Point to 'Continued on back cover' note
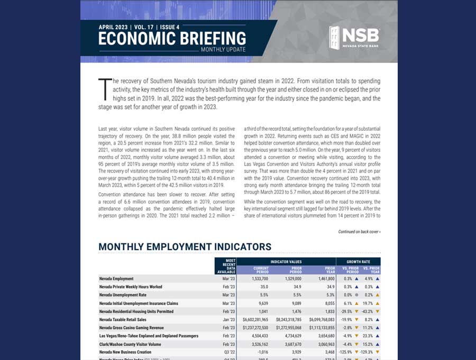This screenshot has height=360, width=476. click(359, 232)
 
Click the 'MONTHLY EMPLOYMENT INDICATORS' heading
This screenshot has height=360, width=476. click(185, 247)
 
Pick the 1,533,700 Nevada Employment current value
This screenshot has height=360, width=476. click(258, 278)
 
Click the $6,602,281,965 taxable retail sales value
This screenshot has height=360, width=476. click(255, 320)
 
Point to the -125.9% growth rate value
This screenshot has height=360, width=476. click(345, 353)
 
